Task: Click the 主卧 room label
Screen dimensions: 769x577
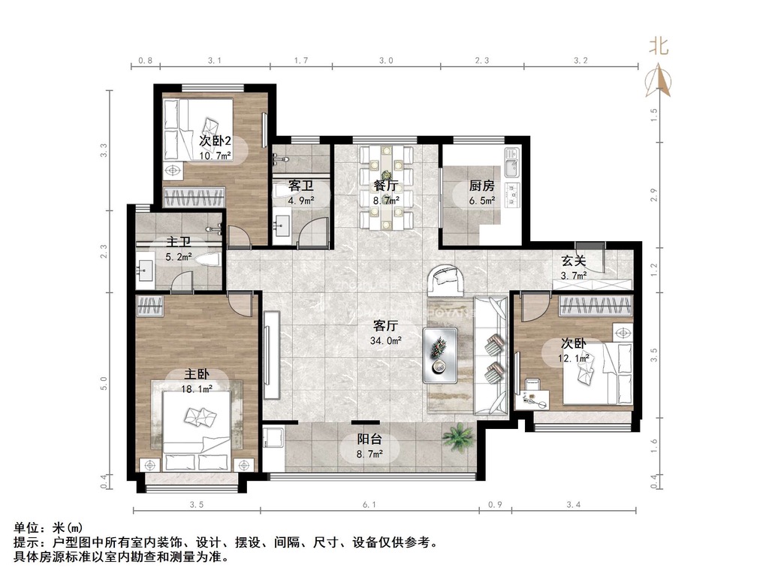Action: click(197, 374)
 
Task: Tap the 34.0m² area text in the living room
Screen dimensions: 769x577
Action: click(386, 340)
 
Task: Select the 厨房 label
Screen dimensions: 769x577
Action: click(481, 186)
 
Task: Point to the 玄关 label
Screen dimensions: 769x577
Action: click(574, 261)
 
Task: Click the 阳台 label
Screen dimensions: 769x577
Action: click(369, 439)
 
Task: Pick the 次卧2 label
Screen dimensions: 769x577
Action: click(215, 140)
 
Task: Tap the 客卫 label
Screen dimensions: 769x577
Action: click(300, 186)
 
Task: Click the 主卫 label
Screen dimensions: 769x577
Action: click(179, 242)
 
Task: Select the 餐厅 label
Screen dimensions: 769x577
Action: click(385, 186)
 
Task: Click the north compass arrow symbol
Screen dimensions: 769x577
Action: click(658, 80)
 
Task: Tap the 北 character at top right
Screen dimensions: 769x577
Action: click(659, 47)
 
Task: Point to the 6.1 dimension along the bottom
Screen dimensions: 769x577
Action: click(369, 504)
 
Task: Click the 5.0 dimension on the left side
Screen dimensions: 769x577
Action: click(103, 384)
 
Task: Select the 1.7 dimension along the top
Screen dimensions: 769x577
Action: click(301, 60)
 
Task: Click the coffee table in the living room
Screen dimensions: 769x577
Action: click(440, 355)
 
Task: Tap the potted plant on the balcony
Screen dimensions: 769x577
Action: click(459, 437)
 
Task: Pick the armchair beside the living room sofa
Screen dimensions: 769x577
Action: click(446, 281)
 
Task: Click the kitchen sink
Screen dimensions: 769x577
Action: click(510, 163)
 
